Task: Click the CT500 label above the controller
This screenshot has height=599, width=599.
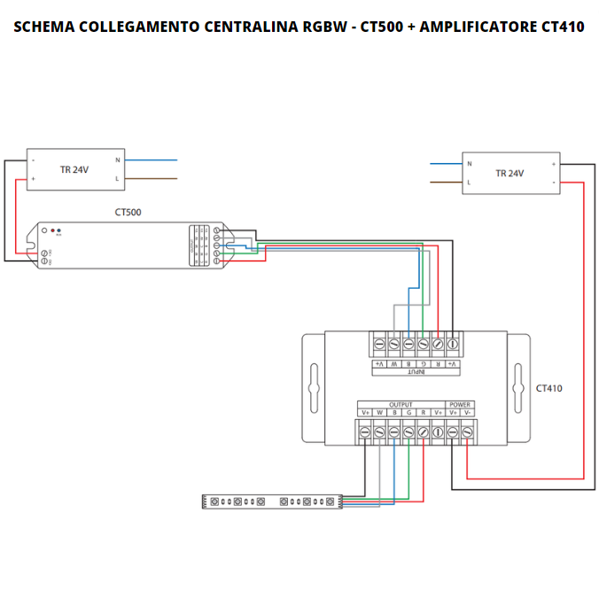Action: tap(128, 212)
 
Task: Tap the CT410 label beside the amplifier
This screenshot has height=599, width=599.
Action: tap(548, 388)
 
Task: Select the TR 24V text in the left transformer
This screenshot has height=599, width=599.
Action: tap(74, 169)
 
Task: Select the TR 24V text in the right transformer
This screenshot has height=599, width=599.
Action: tap(510, 173)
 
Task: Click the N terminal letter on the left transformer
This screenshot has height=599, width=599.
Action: tap(117, 160)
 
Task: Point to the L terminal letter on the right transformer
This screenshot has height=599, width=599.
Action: tap(469, 183)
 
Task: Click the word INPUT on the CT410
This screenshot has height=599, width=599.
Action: tap(416, 372)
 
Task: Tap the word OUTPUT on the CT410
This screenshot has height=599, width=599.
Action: tap(401, 404)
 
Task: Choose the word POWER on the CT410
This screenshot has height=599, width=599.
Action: tap(460, 404)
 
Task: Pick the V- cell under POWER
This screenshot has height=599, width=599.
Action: tap(467, 413)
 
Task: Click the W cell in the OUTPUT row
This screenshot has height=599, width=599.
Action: tap(379, 413)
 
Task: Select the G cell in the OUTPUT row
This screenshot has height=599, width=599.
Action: tap(408, 413)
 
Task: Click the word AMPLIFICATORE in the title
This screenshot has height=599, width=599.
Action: tap(478, 27)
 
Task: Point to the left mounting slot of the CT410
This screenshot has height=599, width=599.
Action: tap(311, 388)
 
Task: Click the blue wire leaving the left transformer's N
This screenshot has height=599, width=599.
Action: tap(152, 160)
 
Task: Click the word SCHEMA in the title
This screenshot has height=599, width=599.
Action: tap(43, 27)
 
